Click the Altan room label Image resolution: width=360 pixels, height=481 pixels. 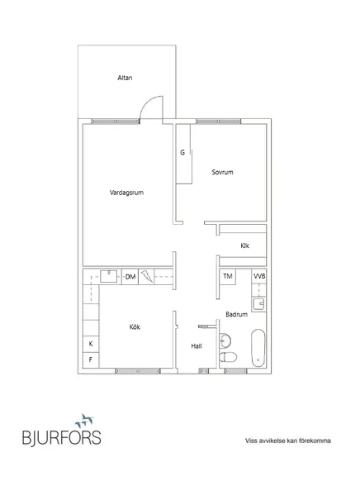pyautogui.click(x=125, y=78)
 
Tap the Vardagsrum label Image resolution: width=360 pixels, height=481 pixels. pyautogui.click(x=126, y=193)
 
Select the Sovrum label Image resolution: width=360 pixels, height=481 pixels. pyautogui.click(x=222, y=172)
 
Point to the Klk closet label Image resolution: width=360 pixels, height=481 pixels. pyautogui.click(x=244, y=245)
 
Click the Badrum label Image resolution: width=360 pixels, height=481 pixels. pyautogui.click(x=236, y=314)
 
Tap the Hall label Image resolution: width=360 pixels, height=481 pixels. pyautogui.click(x=197, y=346)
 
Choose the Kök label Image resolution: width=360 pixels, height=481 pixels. pyautogui.click(x=135, y=327)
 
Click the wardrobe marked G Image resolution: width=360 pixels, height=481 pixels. pyautogui.click(x=184, y=154)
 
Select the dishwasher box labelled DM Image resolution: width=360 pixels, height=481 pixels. pyautogui.click(x=130, y=277)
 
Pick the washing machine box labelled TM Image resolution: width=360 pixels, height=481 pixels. pyautogui.click(x=228, y=276)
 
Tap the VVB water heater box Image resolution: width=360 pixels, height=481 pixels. pyautogui.click(x=259, y=276)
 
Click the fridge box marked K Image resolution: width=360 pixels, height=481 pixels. pyautogui.click(x=91, y=344)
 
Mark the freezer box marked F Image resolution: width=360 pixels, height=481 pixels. pyautogui.click(x=91, y=360)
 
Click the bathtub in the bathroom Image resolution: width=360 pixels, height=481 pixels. pyautogui.click(x=258, y=348)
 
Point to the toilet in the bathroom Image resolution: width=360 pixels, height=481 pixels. pyautogui.click(x=228, y=358)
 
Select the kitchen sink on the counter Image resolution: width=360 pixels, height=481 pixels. pyautogui.click(x=109, y=276)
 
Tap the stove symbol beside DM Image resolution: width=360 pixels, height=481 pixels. pyautogui.click(x=146, y=277)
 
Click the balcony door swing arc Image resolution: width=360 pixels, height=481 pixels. pyautogui.click(x=149, y=104)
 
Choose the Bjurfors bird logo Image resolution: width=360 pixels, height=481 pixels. pyautogui.click(x=85, y=421)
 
